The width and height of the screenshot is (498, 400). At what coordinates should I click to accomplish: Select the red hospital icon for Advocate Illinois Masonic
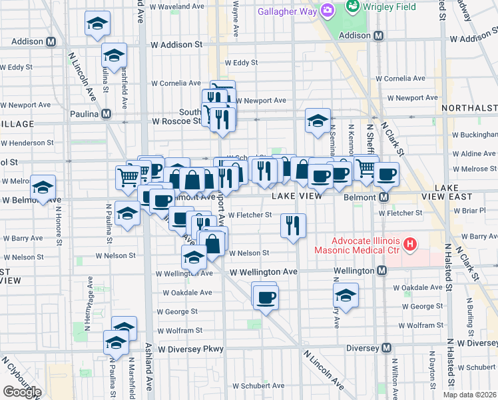click(410, 245)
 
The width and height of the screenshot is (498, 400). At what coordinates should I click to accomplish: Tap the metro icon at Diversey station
click(386, 347)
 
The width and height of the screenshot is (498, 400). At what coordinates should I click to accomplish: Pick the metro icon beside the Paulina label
click(106, 114)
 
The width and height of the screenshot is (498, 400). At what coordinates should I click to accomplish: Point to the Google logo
click(22, 392)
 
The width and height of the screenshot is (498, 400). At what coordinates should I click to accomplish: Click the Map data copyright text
click(469, 394)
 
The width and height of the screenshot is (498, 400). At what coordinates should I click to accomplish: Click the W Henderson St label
click(31, 143)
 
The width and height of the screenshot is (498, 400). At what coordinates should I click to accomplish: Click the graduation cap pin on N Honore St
click(43, 189)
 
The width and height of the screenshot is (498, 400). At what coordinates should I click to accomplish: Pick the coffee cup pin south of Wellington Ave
click(265, 295)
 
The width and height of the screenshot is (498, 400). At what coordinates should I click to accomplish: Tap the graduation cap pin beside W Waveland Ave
click(98, 24)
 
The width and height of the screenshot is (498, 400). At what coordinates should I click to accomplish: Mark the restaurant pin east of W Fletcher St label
click(293, 225)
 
